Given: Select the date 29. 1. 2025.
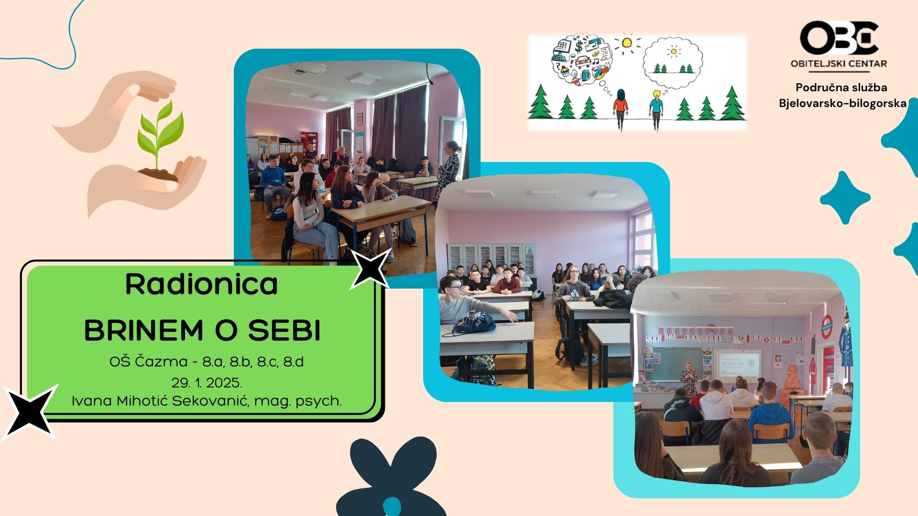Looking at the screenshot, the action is pos(207,383).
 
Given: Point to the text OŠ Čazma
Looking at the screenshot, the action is pos(148,361).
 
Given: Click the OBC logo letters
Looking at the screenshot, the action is pos(839,38).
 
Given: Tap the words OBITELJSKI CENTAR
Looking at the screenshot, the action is pos(839,64).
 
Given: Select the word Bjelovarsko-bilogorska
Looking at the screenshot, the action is pos(842,103).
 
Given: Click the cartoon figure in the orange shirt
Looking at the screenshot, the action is pos(621,109).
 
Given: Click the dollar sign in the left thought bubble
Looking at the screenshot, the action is pos(579,46).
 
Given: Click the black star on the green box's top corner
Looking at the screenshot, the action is pos(370,269).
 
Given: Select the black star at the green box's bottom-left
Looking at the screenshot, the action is pos(30,411).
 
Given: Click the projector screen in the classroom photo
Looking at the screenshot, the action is pos(737,365).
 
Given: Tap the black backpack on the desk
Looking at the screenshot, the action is pos(474,323).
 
